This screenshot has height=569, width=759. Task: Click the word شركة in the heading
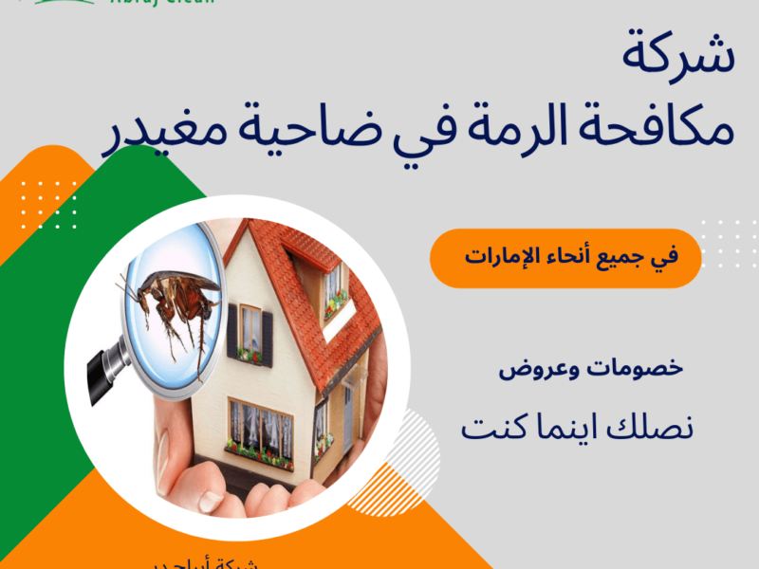click(681, 59)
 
